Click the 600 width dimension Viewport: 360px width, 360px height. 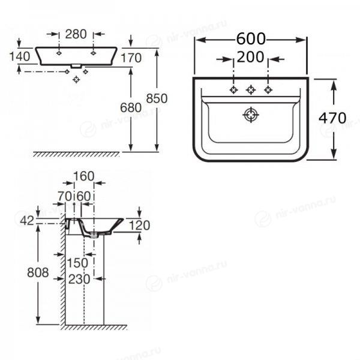[251, 39]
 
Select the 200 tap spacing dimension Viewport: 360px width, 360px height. [250, 57]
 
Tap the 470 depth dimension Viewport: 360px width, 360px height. [332, 118]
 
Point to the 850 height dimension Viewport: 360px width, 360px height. [157, 99]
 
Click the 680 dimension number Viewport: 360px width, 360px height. [131, 107]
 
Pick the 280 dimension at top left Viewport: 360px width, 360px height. [76, 34]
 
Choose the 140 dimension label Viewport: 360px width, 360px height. [20, 56]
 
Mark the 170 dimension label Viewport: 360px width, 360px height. [131, 58]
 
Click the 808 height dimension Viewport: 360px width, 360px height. [38, 272]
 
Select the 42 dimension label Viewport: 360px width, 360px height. [27, 221]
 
